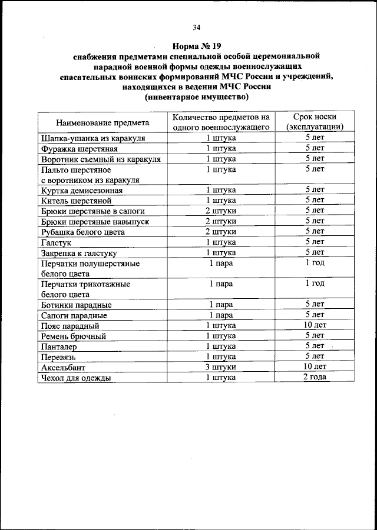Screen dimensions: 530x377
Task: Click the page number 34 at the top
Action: (196, 27)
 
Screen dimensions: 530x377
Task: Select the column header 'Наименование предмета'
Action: (102, 122)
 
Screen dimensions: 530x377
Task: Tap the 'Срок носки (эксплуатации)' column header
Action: (315, 122)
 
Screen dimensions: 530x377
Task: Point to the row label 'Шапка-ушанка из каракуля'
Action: (93, 138)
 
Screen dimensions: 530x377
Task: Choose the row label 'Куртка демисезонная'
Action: (82, 190)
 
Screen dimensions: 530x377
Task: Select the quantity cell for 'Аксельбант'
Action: (221, 368)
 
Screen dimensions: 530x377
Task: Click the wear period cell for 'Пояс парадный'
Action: (315, 325)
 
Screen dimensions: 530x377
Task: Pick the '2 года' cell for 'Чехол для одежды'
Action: (315, 378)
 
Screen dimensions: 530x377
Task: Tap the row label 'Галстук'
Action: (56, 242)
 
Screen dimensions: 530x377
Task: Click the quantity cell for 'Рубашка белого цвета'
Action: (221, 232)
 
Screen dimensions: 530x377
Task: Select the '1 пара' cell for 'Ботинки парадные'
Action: (221, 305)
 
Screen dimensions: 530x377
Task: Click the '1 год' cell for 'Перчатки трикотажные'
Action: (315, 284)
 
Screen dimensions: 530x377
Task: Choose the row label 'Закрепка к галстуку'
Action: (81, 253)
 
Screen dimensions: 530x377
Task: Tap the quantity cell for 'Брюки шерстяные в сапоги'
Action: (221, 211)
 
